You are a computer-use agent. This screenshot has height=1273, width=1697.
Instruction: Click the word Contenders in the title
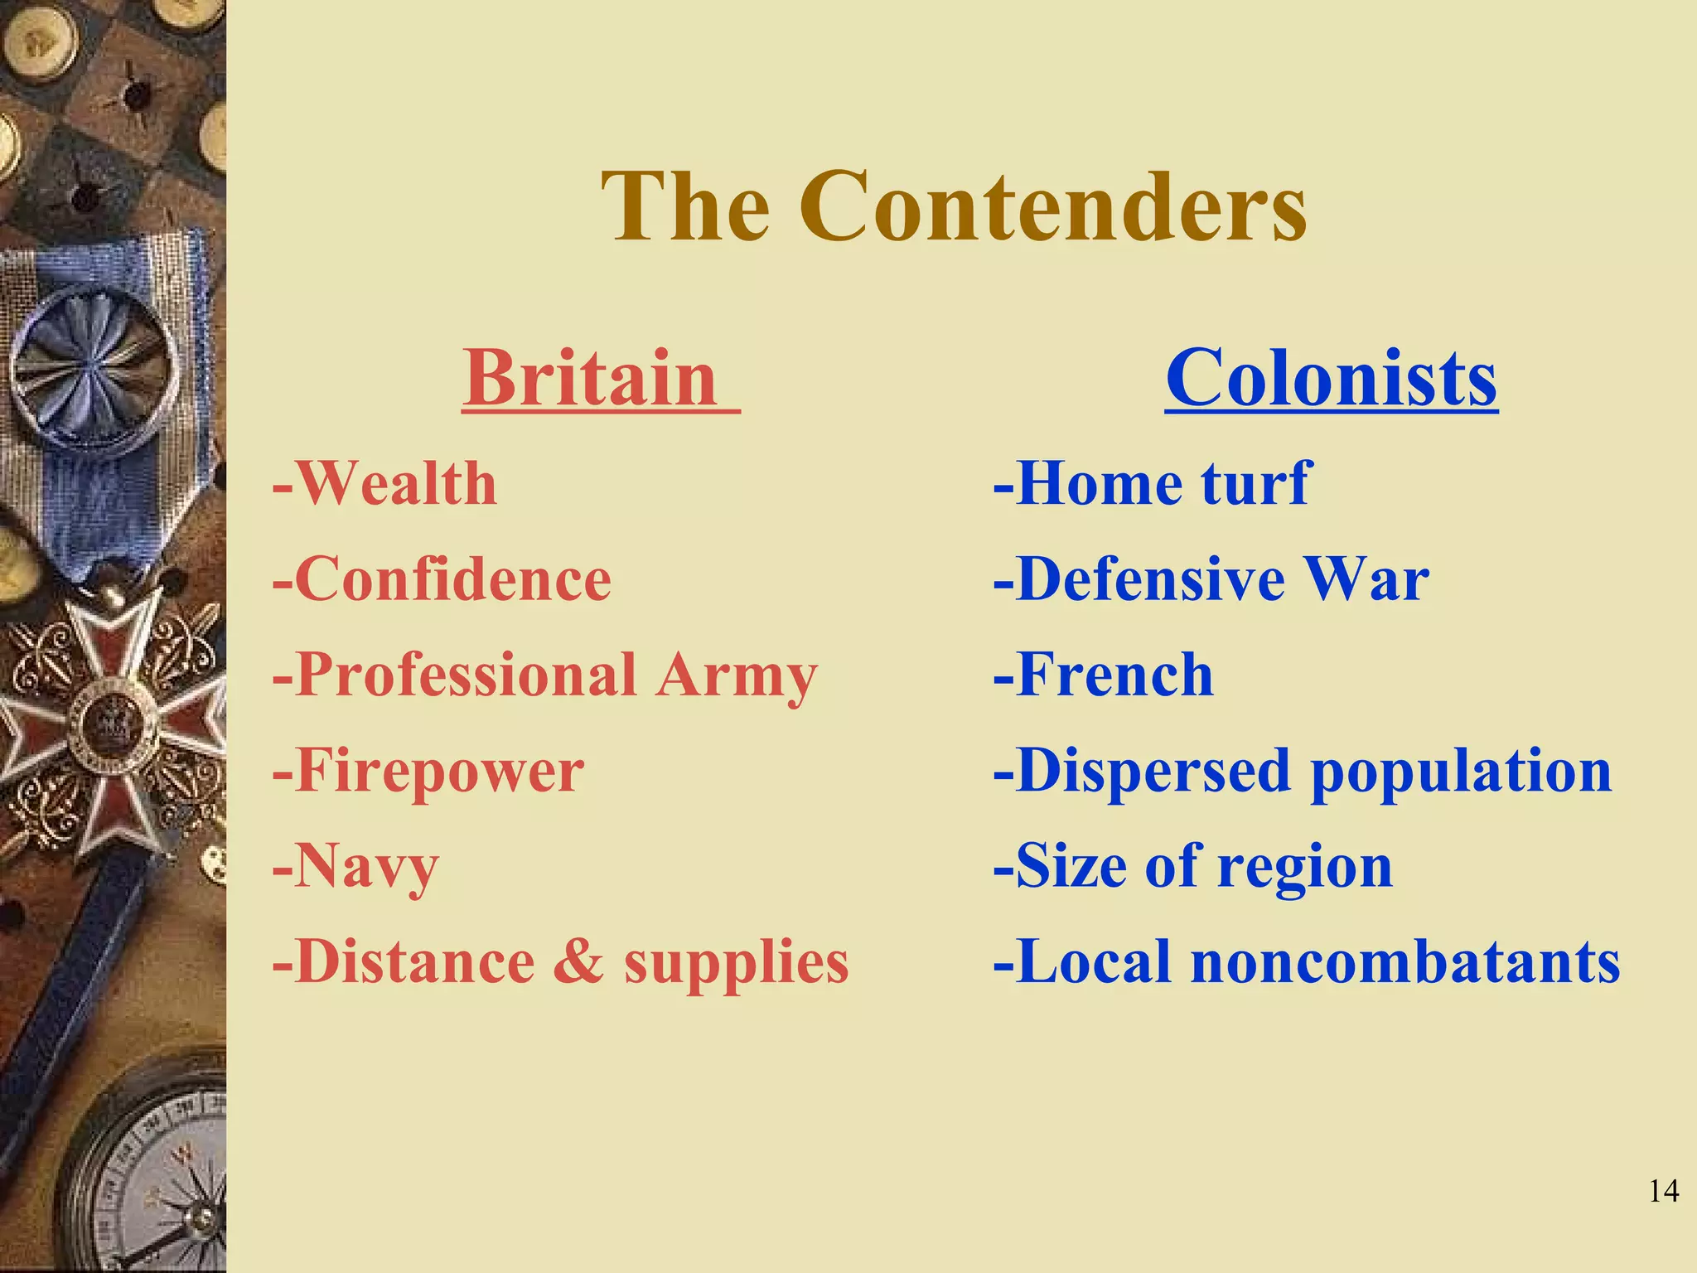pos(1052,207)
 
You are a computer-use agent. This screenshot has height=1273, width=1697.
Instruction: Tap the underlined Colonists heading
pos(1331,378)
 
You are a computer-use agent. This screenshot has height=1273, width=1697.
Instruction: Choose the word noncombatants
pos(1405,961)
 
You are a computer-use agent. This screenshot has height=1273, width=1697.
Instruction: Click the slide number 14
pos(1664,1191)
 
